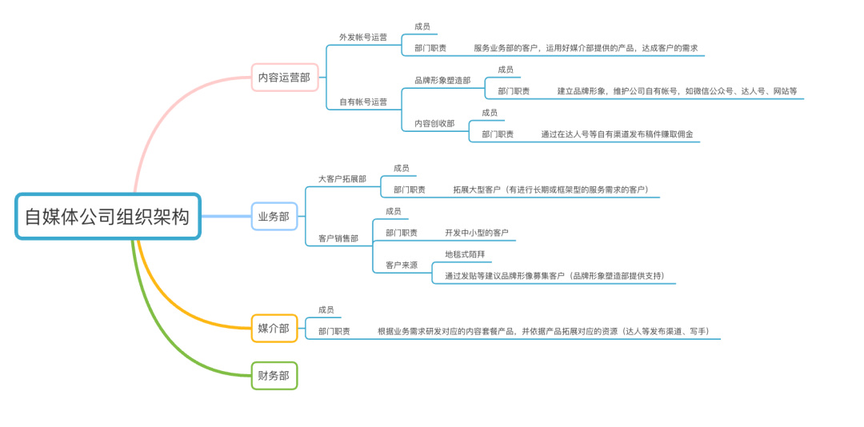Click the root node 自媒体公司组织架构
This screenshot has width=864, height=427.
107,216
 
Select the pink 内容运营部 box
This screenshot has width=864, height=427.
284,78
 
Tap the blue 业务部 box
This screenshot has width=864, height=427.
274,216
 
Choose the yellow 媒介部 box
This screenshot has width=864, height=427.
274,327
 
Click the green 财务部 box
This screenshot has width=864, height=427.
274,375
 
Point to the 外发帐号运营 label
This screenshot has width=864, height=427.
363,38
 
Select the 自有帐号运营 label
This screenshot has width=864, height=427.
363,102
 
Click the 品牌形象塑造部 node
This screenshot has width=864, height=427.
442,81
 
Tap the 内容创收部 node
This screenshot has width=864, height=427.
434,124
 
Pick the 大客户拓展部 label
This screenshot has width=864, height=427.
342,179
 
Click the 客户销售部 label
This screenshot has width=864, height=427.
338,238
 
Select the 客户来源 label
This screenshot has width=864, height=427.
402,265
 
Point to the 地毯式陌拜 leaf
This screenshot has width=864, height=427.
465,254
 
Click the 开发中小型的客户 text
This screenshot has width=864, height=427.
477,233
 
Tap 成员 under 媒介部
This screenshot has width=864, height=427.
326,309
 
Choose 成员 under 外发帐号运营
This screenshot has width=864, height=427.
422,26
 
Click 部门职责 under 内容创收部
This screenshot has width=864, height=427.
498,134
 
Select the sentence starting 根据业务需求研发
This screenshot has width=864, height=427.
543,331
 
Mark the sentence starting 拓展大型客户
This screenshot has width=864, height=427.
550,190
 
